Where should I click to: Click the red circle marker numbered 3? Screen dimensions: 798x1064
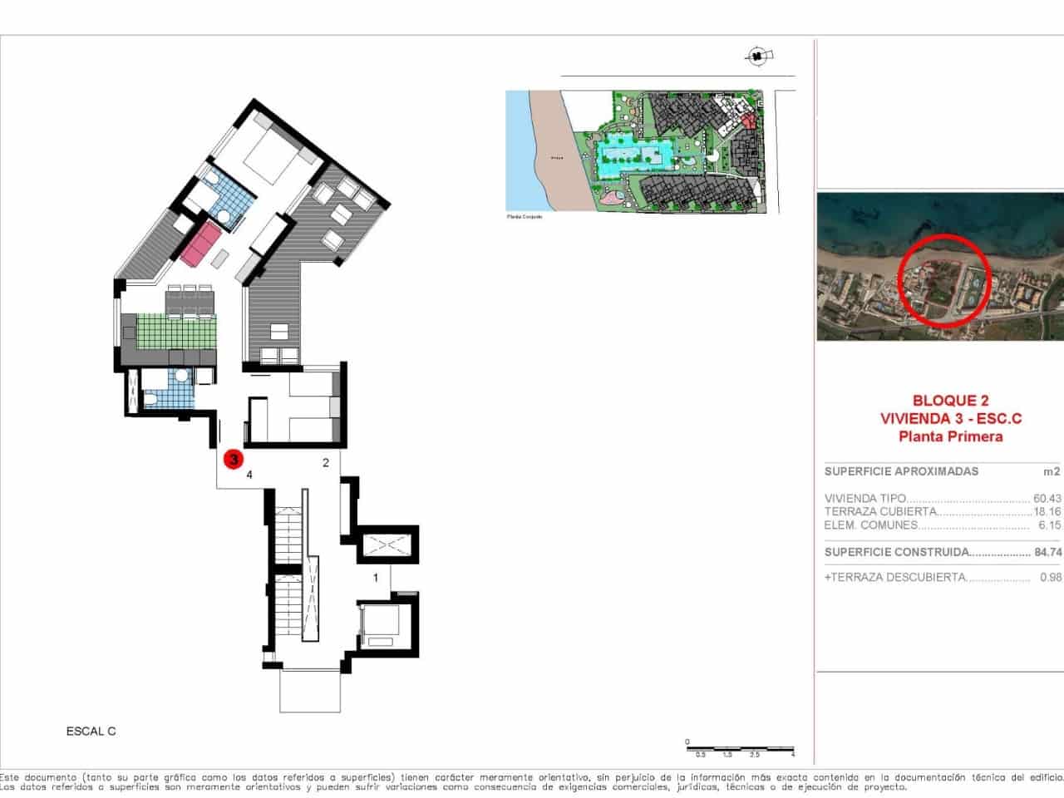(x=234, y=458)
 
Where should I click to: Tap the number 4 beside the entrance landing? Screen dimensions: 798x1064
(x=249, y=475)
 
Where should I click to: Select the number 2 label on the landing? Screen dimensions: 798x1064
(x=326, y=463)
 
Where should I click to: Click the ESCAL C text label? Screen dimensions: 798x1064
(x=91, y=731)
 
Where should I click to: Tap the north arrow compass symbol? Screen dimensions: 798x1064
(x=757, y=57)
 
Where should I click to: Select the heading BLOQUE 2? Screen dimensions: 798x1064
(x=951, y=401)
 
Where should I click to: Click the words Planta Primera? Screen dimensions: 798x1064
(x=951, y=436)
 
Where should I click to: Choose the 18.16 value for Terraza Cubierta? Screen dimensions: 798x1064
(x=1047, y=512)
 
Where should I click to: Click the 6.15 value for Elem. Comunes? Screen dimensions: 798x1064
(x=1049, y=525)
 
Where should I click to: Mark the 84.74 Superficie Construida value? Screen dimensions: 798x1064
(x=1047, y=552)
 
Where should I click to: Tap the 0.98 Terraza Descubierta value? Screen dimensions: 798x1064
(x=1050, y=577)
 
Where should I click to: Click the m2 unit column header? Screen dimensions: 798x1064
(x=1052, y=471)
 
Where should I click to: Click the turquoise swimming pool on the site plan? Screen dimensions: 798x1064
(x=633, y=155)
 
